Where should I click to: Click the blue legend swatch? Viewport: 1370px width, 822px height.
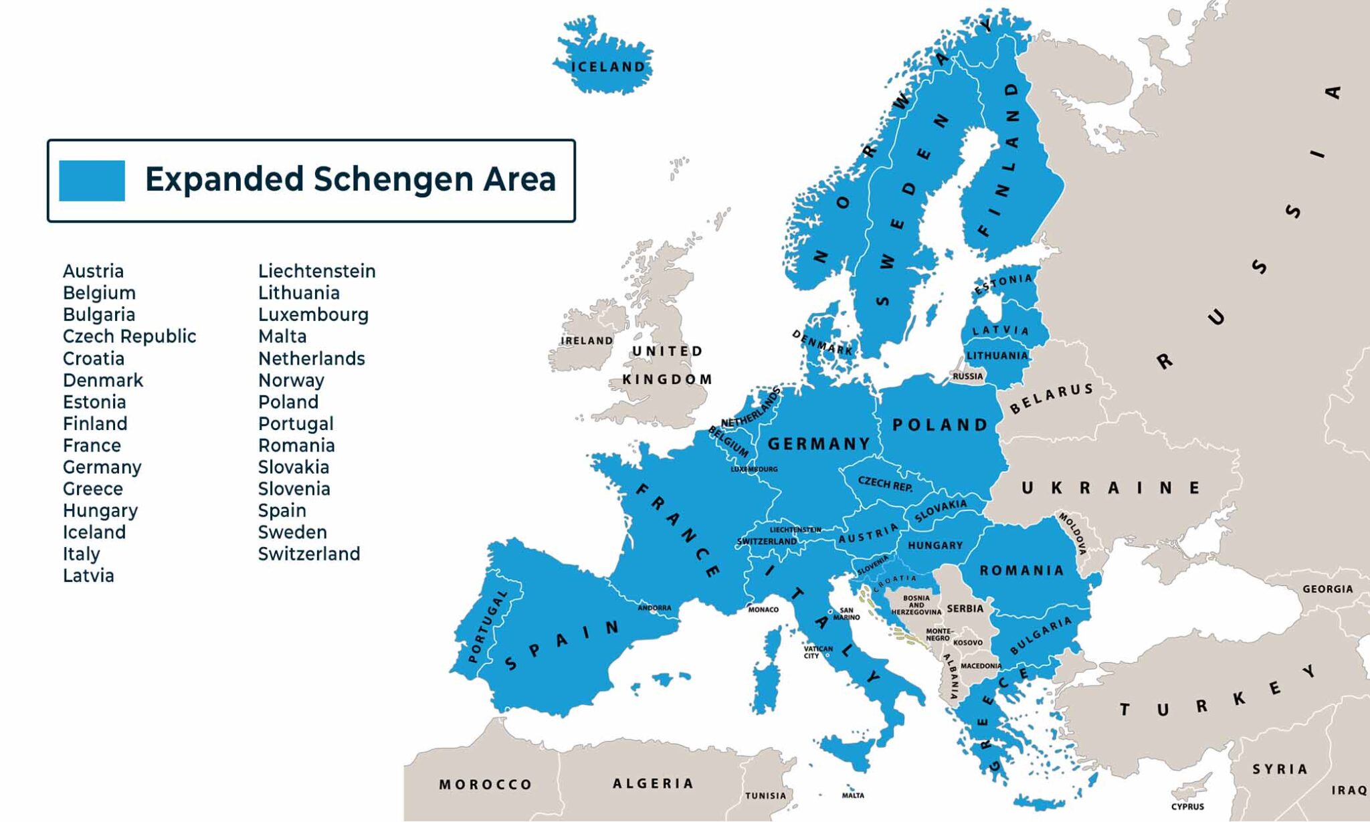coord(92,181)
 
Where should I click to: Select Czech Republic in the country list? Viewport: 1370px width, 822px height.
coord(129,336)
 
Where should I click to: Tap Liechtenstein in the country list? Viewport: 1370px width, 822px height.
coord(316,271)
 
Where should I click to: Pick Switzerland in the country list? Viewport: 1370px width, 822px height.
coord(309,554)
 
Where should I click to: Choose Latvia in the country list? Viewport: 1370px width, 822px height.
coord(88,576)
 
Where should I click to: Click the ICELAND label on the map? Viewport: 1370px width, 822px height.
coord(608,67)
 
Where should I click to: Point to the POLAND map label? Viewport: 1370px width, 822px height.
coord(940,425)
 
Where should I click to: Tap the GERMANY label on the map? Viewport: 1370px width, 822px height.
coord(818,443)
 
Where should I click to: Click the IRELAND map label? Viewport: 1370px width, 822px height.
coord(587,340)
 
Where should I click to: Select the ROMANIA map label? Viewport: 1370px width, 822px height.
coord(1021,571)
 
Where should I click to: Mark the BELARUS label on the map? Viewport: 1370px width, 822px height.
coord(1051,399)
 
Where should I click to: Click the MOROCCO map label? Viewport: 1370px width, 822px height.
coord(485,784)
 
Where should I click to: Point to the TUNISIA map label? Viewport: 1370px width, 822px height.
coord(766,795)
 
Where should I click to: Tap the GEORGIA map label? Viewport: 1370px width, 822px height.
coord(1327,589)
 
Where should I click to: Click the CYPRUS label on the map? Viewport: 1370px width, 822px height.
coord(1187,807)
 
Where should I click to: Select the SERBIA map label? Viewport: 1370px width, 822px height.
coord(965,609)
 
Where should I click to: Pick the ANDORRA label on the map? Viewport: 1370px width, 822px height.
coord(654,608)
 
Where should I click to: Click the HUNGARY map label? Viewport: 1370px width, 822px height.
coord(935,545)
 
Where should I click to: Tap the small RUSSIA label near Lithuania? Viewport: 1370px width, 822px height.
coord(967,377)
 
